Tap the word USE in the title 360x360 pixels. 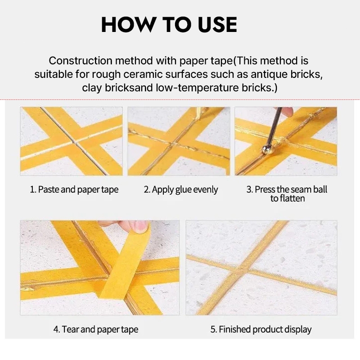pos(217,24)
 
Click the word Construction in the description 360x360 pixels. pos(81,61)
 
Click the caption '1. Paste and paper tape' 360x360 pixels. pos(74,189)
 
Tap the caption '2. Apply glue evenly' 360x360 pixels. pos(181,189)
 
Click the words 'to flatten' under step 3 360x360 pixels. pos(288,198)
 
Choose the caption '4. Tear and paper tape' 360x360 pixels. pos(96,329)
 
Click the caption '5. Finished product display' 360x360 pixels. pos(261,329)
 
